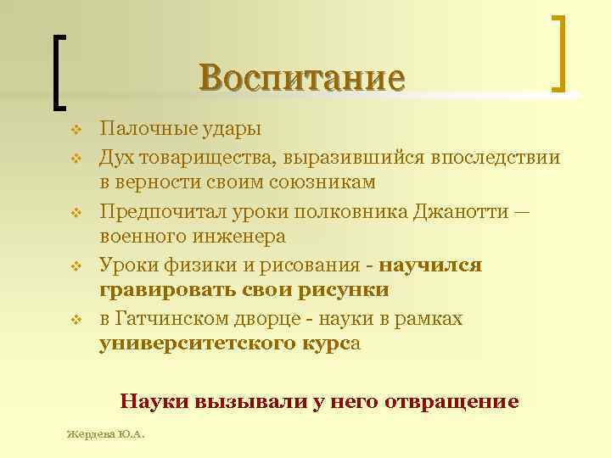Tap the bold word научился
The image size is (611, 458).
pyautogui.click(x=430, y=265)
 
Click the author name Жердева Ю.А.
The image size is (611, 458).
pyautogui.click(x=106, y=436)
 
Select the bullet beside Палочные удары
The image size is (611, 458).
pyautogui.click(x=75, y=131)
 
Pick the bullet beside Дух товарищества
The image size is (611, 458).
pyautogui.click(x=75, y=158)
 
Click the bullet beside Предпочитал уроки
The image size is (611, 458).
pyautogui.click(x=75, y=210)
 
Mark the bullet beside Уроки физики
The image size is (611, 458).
pyautogui.click(x=75, y=265)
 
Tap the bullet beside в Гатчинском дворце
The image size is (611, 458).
pyautogui.click(x=75, y=319)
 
